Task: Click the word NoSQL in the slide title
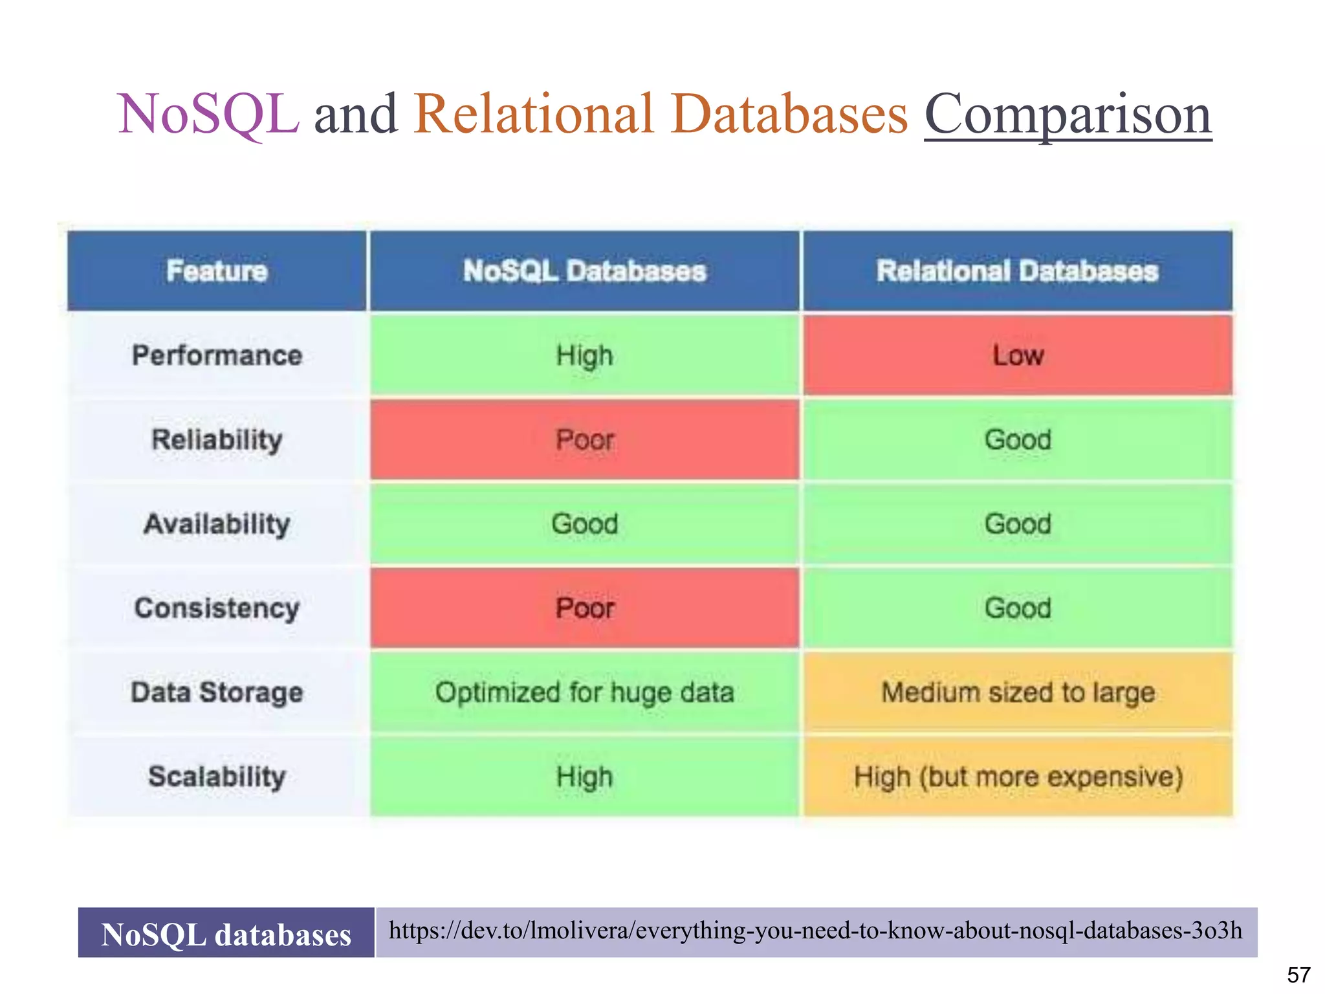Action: point(208,115)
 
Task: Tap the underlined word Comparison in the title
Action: point(1068,115)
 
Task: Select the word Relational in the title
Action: point(534,115)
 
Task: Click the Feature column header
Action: point(217,271)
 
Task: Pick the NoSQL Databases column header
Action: point(584,271)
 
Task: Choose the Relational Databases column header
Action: point(1017,271)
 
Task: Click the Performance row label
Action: point(217,355)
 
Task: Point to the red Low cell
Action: point(1018,355)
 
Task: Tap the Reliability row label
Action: point(217,439)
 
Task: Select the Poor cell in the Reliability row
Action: point(584,439)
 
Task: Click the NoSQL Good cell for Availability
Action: point(584,524)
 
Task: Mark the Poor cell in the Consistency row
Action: point(584,608)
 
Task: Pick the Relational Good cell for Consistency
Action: point(1018,608)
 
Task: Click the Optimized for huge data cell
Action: point(584,692)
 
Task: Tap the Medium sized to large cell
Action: point(1018,692)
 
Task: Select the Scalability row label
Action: point(217,776)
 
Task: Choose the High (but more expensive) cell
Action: point(1018,776)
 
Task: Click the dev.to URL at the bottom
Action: point(815,931)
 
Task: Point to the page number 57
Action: point(1298,974)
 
